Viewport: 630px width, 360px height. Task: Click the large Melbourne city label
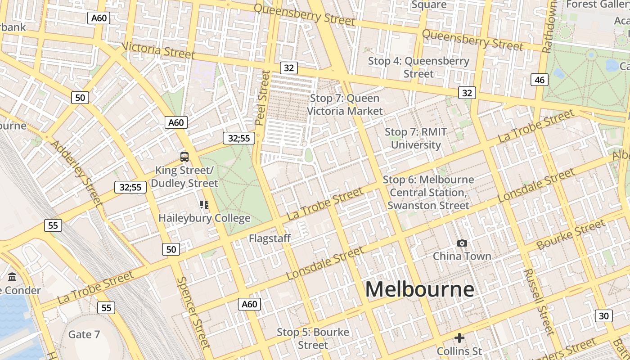tap(419, 289)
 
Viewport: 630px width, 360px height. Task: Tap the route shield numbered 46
tap(540, 80)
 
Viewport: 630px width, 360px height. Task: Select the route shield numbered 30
tap(603, 315)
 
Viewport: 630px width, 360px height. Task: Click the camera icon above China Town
tap(462, 243)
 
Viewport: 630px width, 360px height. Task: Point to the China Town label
tap(462, 256)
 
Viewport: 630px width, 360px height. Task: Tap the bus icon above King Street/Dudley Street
tap(184, 157)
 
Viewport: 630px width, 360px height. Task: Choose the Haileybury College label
tap(204, 218)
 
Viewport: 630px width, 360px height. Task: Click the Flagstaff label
tap(270, 238)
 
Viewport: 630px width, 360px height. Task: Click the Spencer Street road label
tap(194, 312)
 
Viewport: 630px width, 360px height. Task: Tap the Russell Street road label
tap(538, 302)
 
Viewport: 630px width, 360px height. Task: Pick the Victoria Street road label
tap(158, 50)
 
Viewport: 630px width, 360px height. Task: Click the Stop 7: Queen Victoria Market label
tap(345, 104)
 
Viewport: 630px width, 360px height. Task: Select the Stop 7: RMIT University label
tap(416, 138)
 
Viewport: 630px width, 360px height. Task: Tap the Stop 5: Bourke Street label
tap(313, 338)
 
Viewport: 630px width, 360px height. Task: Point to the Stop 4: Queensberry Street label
tap(418, 67)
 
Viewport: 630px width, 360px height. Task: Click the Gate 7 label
tap(84, 334)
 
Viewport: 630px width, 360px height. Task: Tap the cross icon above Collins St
tap(459, 337)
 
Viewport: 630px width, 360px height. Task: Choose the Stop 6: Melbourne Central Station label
tap(428, 193)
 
